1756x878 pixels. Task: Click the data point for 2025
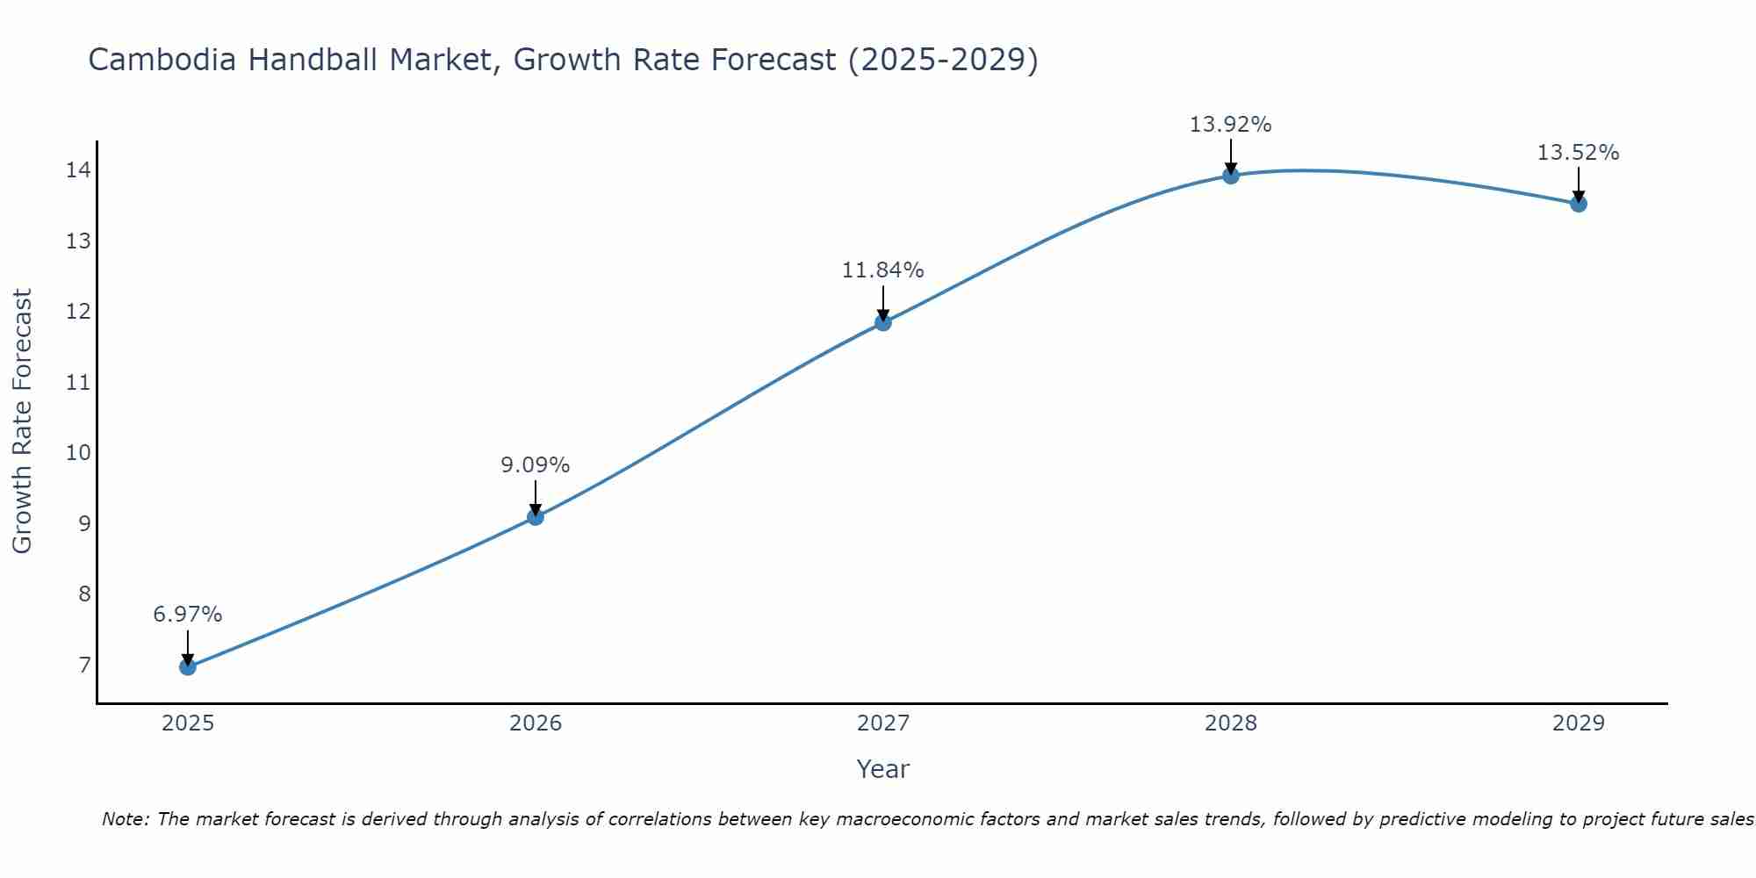click(188, 666)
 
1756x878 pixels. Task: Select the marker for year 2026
click(536, 517)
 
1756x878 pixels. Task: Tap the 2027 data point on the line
click(883, 322)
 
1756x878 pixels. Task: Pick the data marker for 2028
click(1231, 176)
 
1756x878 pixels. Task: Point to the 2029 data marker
click(1579, 204)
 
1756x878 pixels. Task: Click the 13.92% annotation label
click(1230, 125)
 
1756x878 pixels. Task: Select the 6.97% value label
click(188, 615)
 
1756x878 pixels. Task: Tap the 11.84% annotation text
click(882, 270)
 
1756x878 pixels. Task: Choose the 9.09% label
click(536, 465)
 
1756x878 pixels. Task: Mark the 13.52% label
click(1578, 153)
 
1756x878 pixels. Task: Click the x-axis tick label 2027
click(883, 723)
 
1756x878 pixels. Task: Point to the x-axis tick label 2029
click(1579, 723)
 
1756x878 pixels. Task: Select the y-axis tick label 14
click(78, 170)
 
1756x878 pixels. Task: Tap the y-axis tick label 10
click(78, 453)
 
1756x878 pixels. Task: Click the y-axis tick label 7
click(84, 666)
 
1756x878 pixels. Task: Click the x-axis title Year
click(882, 769)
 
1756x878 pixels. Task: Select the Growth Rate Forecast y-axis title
click(22, 421)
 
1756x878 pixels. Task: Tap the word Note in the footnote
click(126, 820)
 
